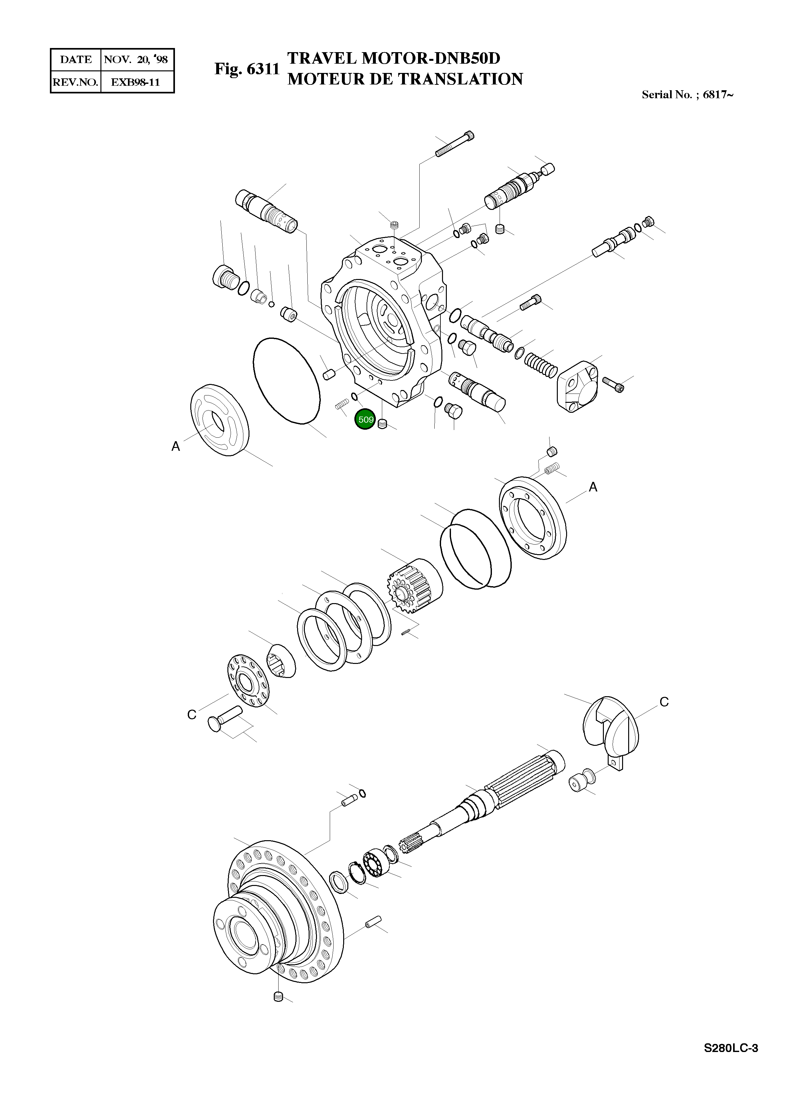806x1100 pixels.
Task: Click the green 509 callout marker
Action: point(366,420)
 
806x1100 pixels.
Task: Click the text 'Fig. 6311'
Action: point(247,69)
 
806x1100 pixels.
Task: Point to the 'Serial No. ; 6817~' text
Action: point(687,95)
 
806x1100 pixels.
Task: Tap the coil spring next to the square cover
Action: point(541,363)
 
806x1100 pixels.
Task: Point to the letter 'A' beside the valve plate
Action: point(176,446)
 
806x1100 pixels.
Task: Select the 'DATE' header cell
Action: point(75,60)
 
